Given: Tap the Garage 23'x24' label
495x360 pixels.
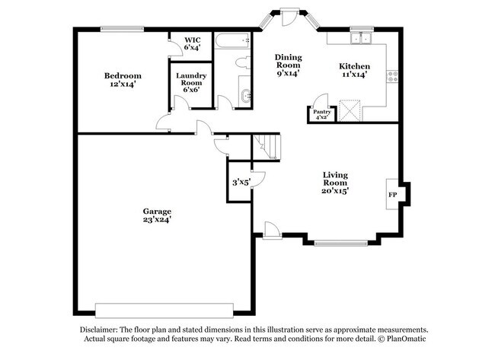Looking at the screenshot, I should [x=157, y=215].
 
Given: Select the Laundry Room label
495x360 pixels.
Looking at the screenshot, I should [x=190, y=82].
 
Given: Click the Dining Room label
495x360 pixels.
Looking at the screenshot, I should [x=288, y=65].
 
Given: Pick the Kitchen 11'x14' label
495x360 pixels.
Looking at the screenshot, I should [x=354, y=71].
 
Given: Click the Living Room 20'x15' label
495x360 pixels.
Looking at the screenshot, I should [x=335, y=183].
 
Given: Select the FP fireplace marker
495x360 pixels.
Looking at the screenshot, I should [x=393, y=194].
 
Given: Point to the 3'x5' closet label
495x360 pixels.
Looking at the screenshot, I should [x=241, y=182].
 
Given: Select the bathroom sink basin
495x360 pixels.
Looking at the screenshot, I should [x=245, y=97].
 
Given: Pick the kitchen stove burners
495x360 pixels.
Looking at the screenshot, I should [x=394, y=75].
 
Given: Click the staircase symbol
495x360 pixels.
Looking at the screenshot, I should [x=267, y=145].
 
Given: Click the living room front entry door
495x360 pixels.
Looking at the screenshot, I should [x=271, y=228].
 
